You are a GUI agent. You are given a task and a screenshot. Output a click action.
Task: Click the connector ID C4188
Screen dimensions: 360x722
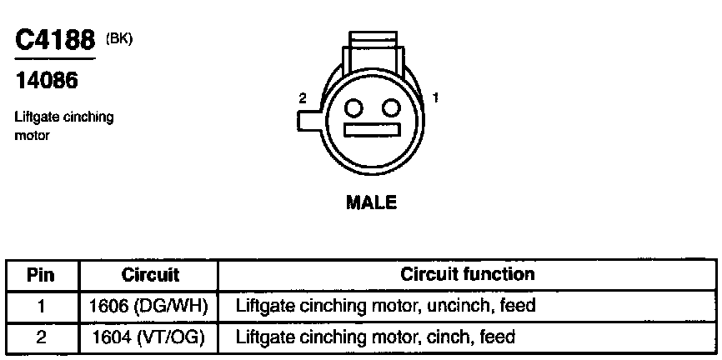pos(56,41)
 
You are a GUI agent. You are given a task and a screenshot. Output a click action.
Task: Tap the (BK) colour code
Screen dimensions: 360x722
pos(119,38)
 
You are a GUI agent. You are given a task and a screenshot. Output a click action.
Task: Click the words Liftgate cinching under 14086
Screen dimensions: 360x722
pos(64,117)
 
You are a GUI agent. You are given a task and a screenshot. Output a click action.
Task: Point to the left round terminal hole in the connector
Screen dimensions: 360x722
pos(354,107)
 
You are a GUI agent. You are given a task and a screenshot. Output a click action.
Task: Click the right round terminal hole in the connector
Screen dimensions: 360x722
pos(391,107)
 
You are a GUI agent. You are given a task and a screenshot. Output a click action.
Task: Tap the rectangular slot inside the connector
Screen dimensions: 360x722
pos(373,132)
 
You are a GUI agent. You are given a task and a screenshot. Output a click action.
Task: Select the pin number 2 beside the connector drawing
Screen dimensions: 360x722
pos(303,98)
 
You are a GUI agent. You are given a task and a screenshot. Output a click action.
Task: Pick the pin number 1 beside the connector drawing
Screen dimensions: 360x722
pos(435,97)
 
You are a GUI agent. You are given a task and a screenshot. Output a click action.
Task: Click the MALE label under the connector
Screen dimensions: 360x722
pos(371,202)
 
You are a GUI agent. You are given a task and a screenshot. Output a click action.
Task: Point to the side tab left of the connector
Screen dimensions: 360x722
pos(306,120)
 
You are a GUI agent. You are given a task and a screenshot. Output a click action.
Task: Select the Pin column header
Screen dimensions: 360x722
pos(41,274)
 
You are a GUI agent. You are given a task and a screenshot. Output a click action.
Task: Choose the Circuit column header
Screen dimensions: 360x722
pos(150,274)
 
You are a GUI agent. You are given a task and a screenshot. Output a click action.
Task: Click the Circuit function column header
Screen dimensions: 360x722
pos(467,274)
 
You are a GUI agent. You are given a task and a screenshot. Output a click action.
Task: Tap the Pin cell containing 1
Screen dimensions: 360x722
pos(41,306)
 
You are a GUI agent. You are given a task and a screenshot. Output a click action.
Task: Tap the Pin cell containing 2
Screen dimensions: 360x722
pos(41,337)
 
